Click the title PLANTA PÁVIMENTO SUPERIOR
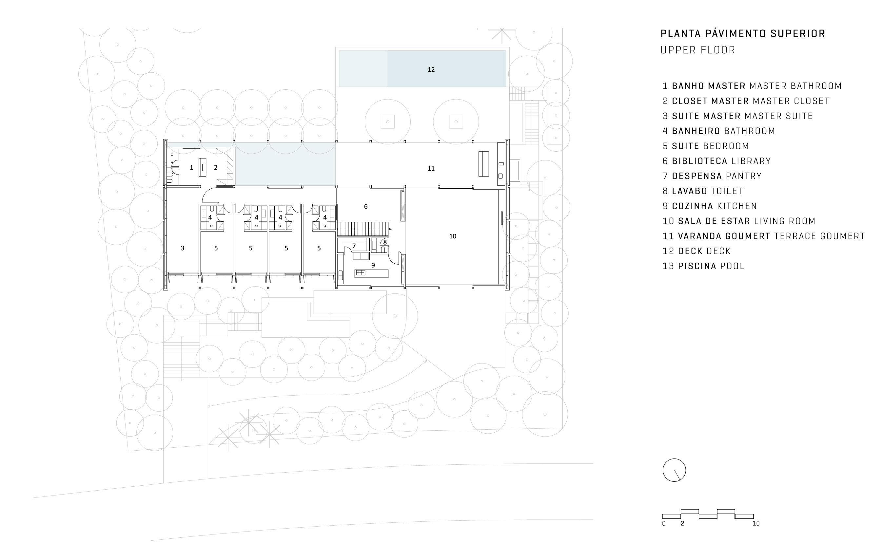(x=743, y=34)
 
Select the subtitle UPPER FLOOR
(x=698, y=50)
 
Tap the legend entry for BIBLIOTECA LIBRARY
(x=717, y=161)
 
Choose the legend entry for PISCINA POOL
(x=703, y=266)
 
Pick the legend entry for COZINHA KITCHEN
(x=710, y=206)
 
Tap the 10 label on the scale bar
(x=756, y=524)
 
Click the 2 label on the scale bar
(x=682, y=524)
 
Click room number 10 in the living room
(x=453, y=236)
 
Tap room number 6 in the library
(x=366, y=206)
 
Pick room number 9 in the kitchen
(x=373, y=265)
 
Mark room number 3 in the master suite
(x=183, y=248)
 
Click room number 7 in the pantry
(x=354, y=246)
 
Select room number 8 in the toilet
(x=385, y=242)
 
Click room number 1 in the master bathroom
(x=191, y=167)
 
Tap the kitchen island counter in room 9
(x=372, y=273)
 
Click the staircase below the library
(x=363, y=227)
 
